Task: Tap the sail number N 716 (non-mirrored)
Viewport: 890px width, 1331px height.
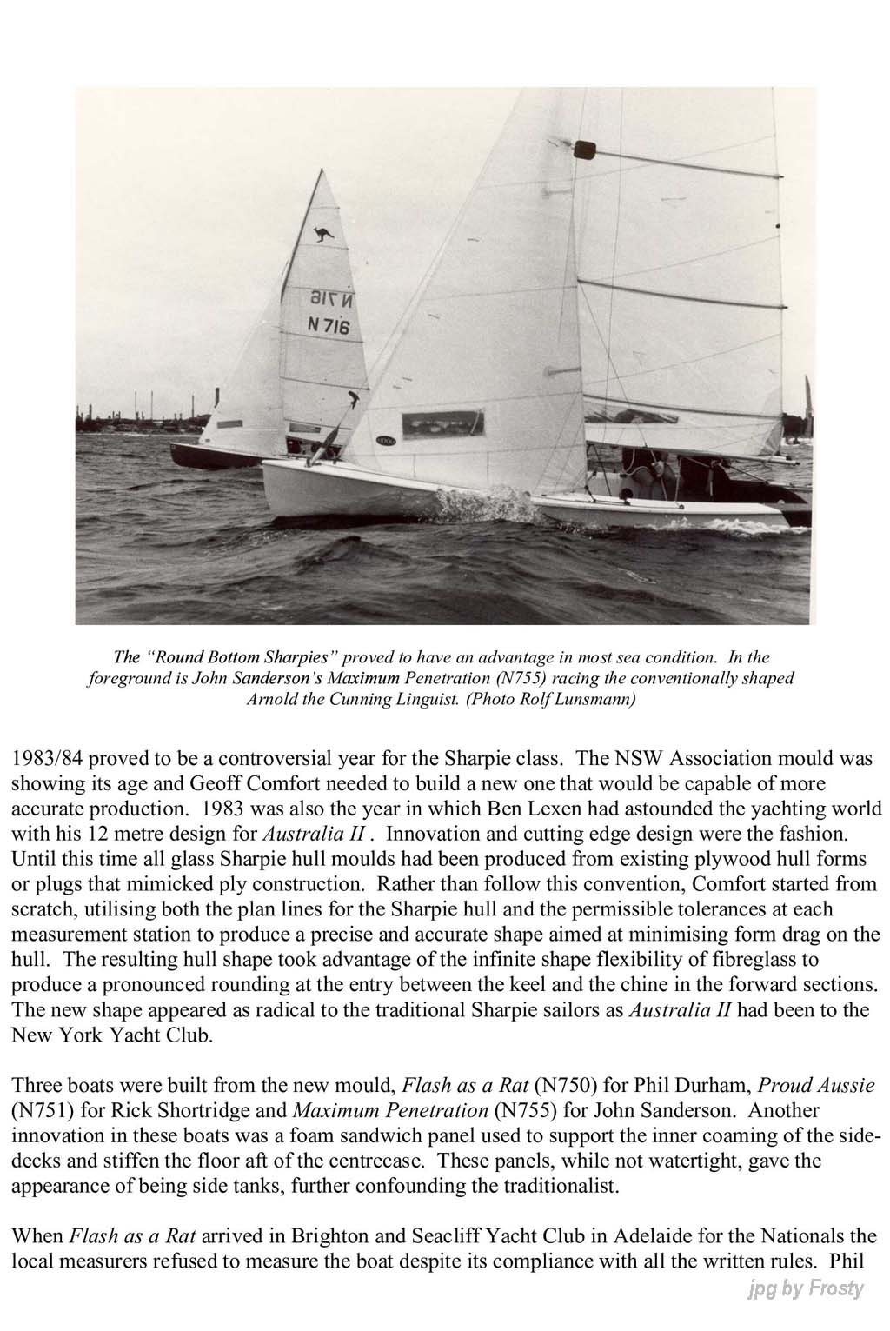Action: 329,326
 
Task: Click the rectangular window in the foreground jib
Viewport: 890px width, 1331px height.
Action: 442,424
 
